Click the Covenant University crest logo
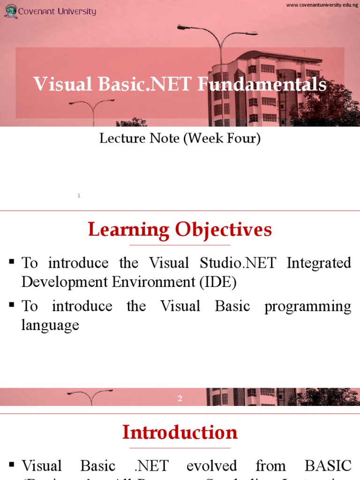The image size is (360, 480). click(x=11, y=11)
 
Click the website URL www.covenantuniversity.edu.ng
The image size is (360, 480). click(x=322, y=5)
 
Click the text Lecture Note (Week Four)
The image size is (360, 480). click(x=180, y=139)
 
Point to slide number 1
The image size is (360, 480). click(x=79, y=195)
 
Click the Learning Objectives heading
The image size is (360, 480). click(x=180, y=230)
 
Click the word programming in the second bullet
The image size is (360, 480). click(x=307, y=306)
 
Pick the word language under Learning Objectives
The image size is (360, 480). click(x=50, y=325)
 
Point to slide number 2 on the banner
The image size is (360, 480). click(x=180, y=399)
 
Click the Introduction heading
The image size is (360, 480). click(x=180, y=432)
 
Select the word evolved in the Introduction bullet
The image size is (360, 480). click(x=211, y=466)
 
